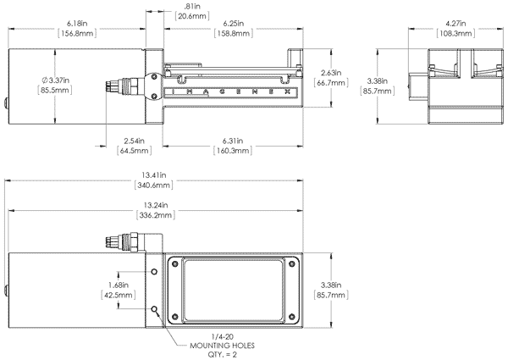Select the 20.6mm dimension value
[189, 15]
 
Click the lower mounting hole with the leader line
[153, 309]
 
